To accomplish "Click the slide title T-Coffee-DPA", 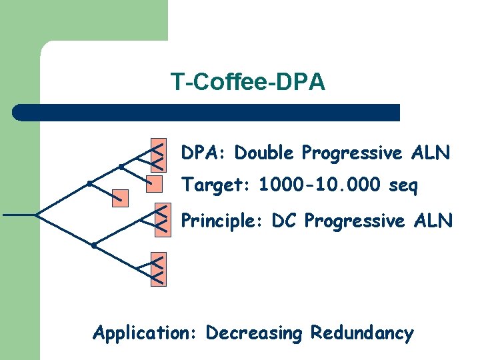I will (x=247, y=83).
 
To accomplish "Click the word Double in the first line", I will (x=265, y=153).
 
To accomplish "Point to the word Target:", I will (x=216, y=185).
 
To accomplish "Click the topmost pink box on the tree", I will (x=158, y=153).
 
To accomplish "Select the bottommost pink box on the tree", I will (x=158, y=269).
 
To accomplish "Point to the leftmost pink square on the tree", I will (x=120, y=197).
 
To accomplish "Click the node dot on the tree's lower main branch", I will (x=94, y=246).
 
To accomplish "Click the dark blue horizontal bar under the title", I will (x=207, y=113).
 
